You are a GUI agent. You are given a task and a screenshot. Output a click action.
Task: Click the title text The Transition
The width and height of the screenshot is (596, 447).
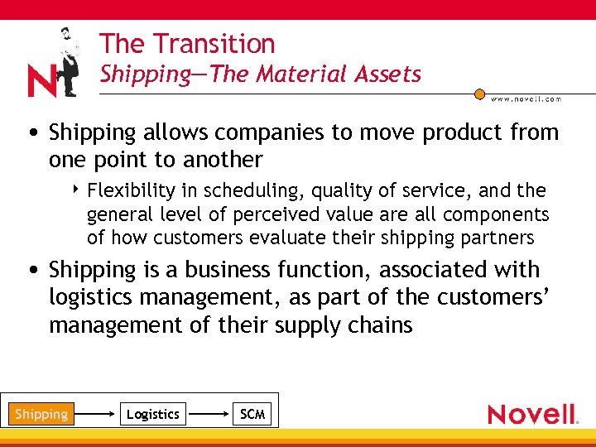click(187, 43)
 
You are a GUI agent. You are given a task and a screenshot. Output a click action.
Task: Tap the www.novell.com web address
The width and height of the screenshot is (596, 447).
click(526, 99)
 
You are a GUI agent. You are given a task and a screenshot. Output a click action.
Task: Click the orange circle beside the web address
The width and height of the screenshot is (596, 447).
click(479, 94)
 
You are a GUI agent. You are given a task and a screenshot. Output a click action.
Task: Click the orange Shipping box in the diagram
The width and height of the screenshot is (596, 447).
click(41, 414)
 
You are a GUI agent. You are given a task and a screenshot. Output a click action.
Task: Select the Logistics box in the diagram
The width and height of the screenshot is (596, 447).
click(152, 414)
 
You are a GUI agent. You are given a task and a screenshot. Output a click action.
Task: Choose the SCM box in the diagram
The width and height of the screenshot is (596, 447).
click(252, 414)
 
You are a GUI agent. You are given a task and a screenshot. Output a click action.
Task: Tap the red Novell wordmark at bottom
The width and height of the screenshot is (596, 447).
click(531, 413)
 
